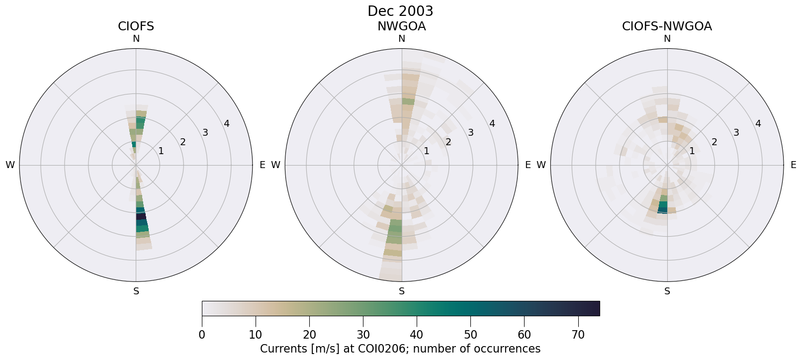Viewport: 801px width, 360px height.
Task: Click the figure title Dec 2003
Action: tap(400, 11)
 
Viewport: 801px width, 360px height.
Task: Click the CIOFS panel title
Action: tap(136, 26)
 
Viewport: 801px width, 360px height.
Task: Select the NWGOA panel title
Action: tap(401, 26)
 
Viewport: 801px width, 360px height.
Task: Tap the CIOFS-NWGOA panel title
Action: tap(667, 26)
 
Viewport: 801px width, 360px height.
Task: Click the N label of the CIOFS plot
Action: tap(136, 39)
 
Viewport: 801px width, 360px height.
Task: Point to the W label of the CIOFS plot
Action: tap(10, 165)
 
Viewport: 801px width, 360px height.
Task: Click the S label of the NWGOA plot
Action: tap(402, 291)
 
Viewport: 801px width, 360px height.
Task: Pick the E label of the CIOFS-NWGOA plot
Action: tap(794, 165)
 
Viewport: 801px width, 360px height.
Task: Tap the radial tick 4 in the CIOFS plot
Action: tap(227, 124)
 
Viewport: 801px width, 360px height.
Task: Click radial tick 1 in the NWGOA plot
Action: tap(426, 151)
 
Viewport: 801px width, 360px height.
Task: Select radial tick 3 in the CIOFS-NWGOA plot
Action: tap(736, 133)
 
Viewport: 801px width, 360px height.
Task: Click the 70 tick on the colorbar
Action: tap(578, 335)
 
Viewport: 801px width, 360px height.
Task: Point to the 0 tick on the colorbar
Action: tap(202, 335)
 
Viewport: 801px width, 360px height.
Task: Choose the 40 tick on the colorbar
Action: tap(417, 335)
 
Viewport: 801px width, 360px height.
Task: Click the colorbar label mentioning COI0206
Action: tap(400, 349)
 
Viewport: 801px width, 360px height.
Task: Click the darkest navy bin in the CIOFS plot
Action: tap(141, 216)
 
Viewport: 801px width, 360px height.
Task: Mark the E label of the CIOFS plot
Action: tap(263, 165)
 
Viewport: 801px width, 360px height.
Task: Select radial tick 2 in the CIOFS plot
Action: tap(183, 142)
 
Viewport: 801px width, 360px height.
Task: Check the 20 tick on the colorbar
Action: tap(309, 335)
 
